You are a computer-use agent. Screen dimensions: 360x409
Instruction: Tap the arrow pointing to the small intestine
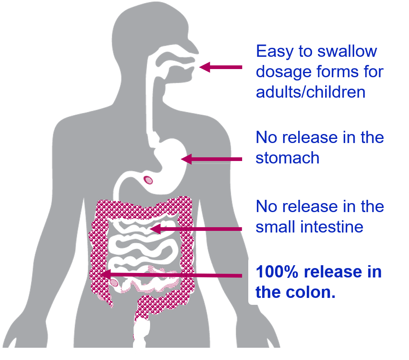[196, 229]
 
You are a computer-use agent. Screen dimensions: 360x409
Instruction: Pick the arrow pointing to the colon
[172, 275]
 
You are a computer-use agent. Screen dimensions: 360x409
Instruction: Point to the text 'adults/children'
[310, 92]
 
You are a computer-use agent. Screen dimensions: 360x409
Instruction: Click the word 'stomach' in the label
[287, 158]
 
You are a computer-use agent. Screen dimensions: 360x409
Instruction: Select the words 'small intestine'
[309, 227]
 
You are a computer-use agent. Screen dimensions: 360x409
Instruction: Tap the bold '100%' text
[279, 272]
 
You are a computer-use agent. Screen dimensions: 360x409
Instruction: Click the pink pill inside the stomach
[148, 179]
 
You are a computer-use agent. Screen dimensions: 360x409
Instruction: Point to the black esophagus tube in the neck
[155, 102]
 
